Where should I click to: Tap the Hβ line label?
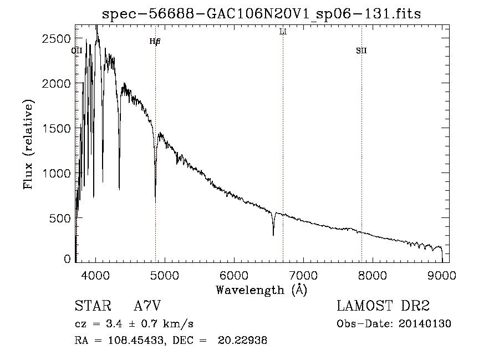point(155,42)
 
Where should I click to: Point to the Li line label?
point(283,32)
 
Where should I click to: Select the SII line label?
point(361,51)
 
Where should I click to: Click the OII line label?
point(77,51)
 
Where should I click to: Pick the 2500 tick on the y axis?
point(58,38)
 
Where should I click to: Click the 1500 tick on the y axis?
point(58,128)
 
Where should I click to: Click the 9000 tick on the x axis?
point(442,275)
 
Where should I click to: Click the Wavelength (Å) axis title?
point(261,290)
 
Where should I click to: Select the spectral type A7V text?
point(147,306)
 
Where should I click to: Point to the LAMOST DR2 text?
point(383,306)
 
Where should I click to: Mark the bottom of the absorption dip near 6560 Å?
point(273,235)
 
